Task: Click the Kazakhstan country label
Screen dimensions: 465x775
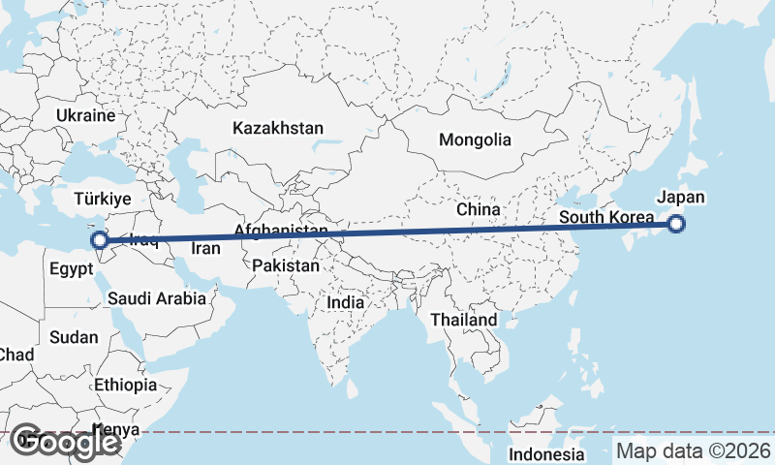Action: pyautogui.click(x=277, y=128)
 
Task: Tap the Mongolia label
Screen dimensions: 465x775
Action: pyautogui.click(x=475, y=139)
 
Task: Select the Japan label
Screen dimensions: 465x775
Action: pyautogui.click(x=681, y=197)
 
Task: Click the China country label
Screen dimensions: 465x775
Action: pyautogui.click(x=479, y=209)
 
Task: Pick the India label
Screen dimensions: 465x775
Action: pyautogui.click(x=346, y=302)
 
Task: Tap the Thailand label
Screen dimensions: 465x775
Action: pyautogui.click(x=464, y=320)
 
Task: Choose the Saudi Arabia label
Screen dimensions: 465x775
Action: pyautogui.click(x=157, y=298)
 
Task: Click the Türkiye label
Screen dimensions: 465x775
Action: pyautogui.click(x=104, y=199)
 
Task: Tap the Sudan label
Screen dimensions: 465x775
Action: pyautogui.click(x=75, y=337)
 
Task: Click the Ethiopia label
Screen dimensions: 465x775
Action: pyautogui.click(x=126, y=385)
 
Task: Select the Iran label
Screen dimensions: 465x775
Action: pyautogui.click(x=205, y=248)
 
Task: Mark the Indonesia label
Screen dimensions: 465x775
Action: pyautogui.click(x=548, y=454)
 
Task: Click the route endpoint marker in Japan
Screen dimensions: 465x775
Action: pyautogui.click(x=676, y=225)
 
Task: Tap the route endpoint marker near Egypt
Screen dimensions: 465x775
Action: pyautogui.click(x=99, y=240)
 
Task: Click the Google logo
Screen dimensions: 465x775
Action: pyautogui.click(x=65, y=442)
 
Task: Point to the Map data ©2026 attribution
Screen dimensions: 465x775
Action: pyautogui.click(x=693, y=450)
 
